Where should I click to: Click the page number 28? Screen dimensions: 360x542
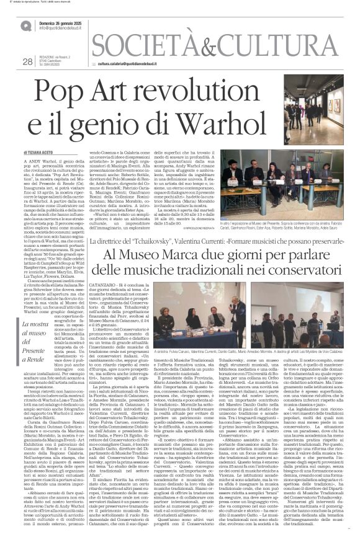pyautogui.click(x=27, y=61)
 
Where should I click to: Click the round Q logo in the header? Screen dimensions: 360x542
pyautogui.click(x=26, y=26)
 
